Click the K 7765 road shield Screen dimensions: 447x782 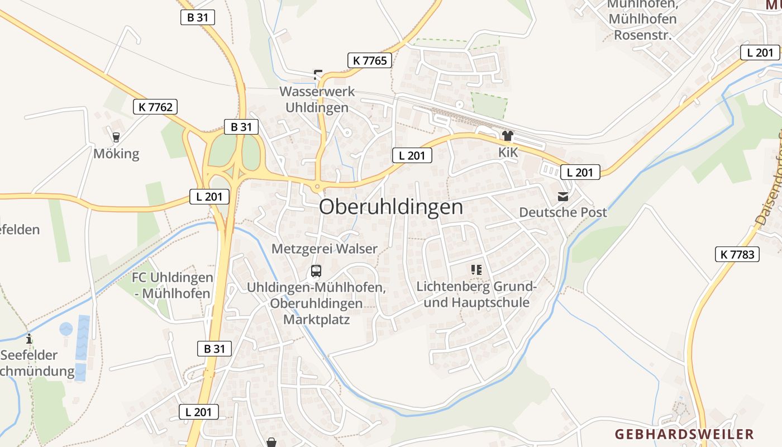click(x=370, y=60)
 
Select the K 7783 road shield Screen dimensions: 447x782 click(x=737, y=255)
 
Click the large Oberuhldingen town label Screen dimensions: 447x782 click(x=391, y=207)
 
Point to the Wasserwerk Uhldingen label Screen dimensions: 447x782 click(x=317, y=99)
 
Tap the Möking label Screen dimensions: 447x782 click(x=116, y=154)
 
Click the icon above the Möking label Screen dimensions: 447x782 click(x=116, y=137)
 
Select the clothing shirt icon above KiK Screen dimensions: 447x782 click(x=507, y=135)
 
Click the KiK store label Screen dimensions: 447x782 click(x=507, y=153)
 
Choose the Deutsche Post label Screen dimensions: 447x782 click(x=563, y=212)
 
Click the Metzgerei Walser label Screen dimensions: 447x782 click(x=325, y=249)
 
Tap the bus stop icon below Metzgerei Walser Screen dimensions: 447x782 click(x=316, y=272)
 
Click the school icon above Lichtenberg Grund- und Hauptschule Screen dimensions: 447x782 click(x=476, y=270)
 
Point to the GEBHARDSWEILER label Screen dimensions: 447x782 click(x=684, y=434)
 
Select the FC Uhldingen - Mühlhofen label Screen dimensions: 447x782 click(x=172, y=285)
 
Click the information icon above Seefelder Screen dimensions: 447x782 click(x=29, y=339)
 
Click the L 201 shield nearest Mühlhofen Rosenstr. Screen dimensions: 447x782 click(x=760, y=53)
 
